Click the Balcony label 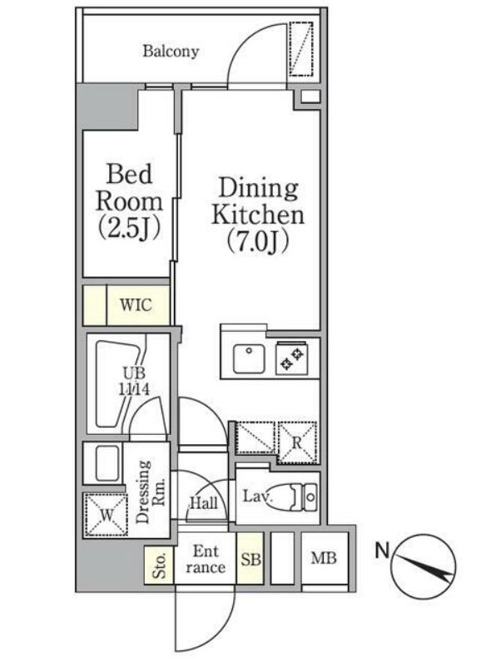(x=171, y=52)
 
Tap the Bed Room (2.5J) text (x=129, y=201)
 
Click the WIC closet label (x=136, y=304)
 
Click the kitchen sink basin (x=249, y=359)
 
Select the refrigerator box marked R (x=297, y=442)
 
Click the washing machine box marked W (x=107, y=515)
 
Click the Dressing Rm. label (x=150, y=492)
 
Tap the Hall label (x=204, y=503)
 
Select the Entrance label (x=206, y=559)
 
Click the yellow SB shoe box (x=250, y=558)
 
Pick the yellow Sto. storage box (x=159, y=566)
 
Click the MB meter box (x=325, y=558)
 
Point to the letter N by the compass (x=383, y=550)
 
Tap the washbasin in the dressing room (x=107, y=463)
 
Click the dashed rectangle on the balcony (x=301, y=49)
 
